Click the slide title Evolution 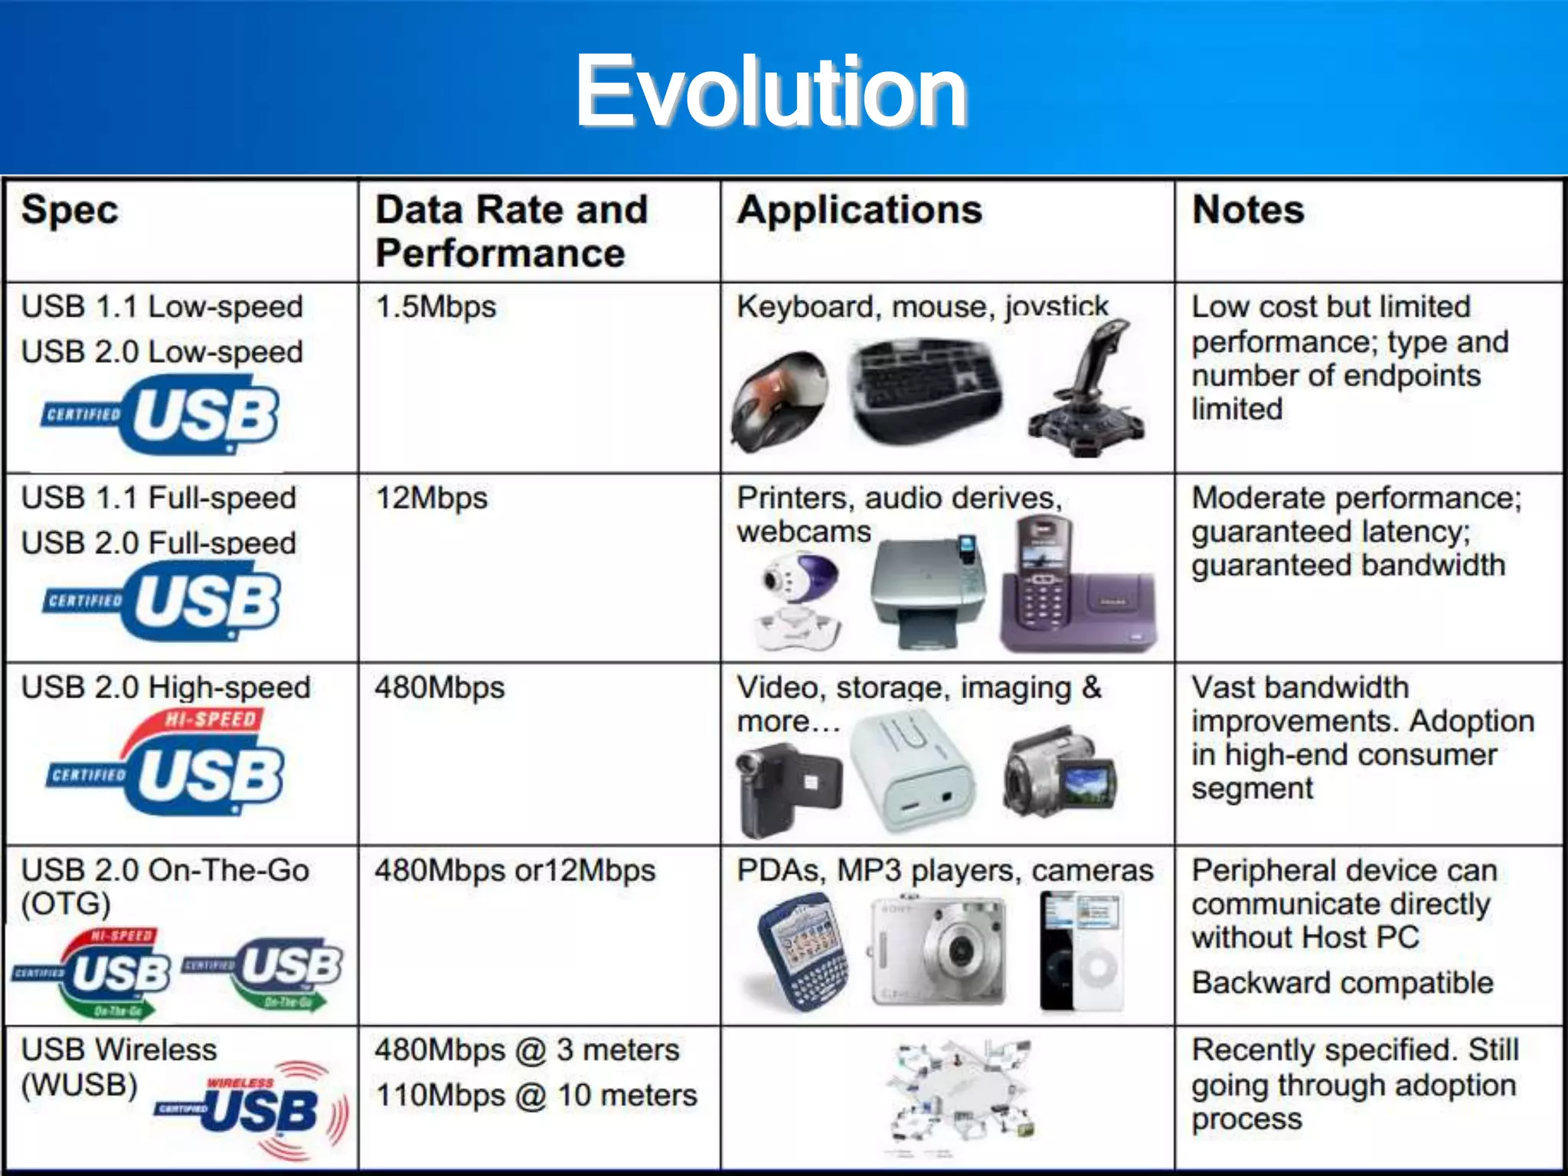point(771,92)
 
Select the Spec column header point(70,210)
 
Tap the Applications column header point(859,210)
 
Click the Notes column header point(1248,210)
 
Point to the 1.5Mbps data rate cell point(436,307)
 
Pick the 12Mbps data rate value point(431,498)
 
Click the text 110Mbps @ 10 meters point(536,1096)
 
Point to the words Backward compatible point(1342,983)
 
